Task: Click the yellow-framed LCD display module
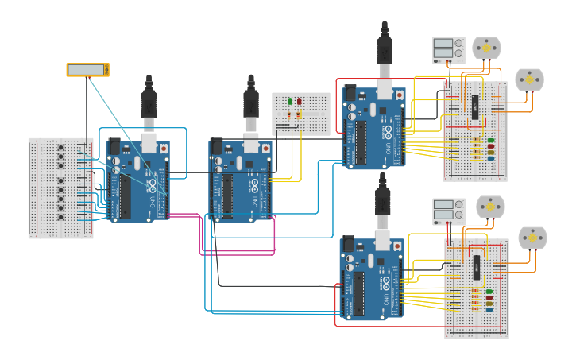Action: [87, 70]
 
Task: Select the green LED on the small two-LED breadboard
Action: [291, 101]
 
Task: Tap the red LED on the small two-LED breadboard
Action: [300, 101]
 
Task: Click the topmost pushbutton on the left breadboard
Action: [61, 147]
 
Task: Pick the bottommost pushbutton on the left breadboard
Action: [61, 217]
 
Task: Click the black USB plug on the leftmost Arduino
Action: [149, 103]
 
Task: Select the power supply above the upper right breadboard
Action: [448, 50]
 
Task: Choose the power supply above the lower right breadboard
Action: [448, 211]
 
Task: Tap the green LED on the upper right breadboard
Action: [490, 145]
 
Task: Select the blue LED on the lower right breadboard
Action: [489, 309]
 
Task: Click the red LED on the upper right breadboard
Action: [490, 140]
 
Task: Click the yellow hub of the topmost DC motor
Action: [486, 47]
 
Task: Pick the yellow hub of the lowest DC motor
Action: [532, 237]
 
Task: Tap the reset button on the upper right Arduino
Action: [400, 95]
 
